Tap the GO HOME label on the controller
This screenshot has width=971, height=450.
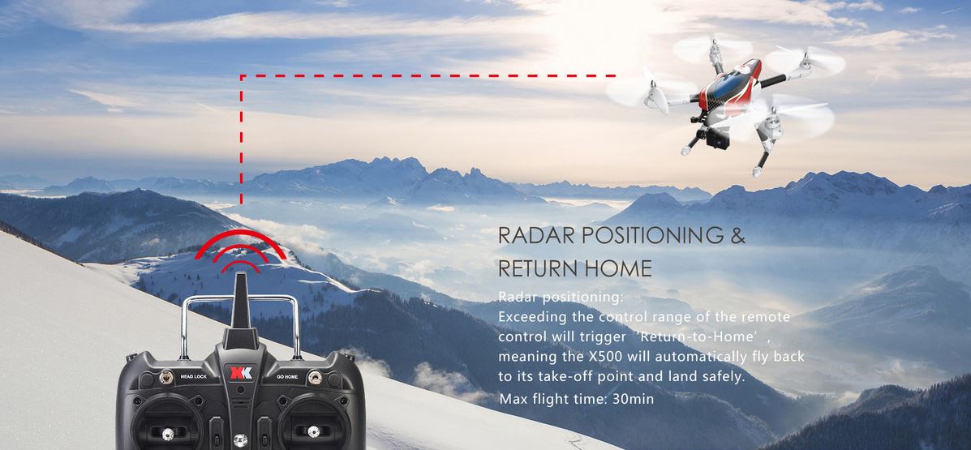[x=287, y=376]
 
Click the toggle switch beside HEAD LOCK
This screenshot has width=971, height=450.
[x=166, y=375]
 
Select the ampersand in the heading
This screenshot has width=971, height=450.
[x=737, y=235]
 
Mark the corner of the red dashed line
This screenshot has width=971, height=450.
[x=242, y=76]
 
